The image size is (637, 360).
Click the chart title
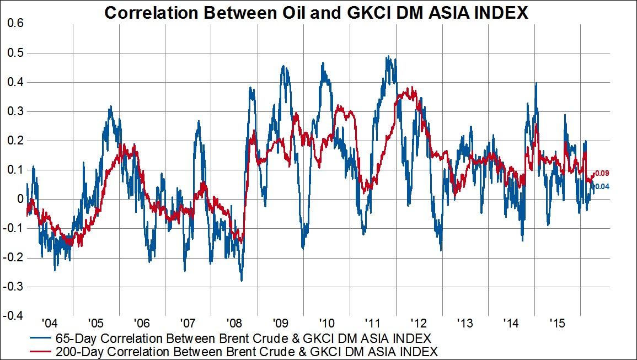tap(316, 13)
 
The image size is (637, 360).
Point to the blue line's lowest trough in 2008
tap(242, 280)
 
